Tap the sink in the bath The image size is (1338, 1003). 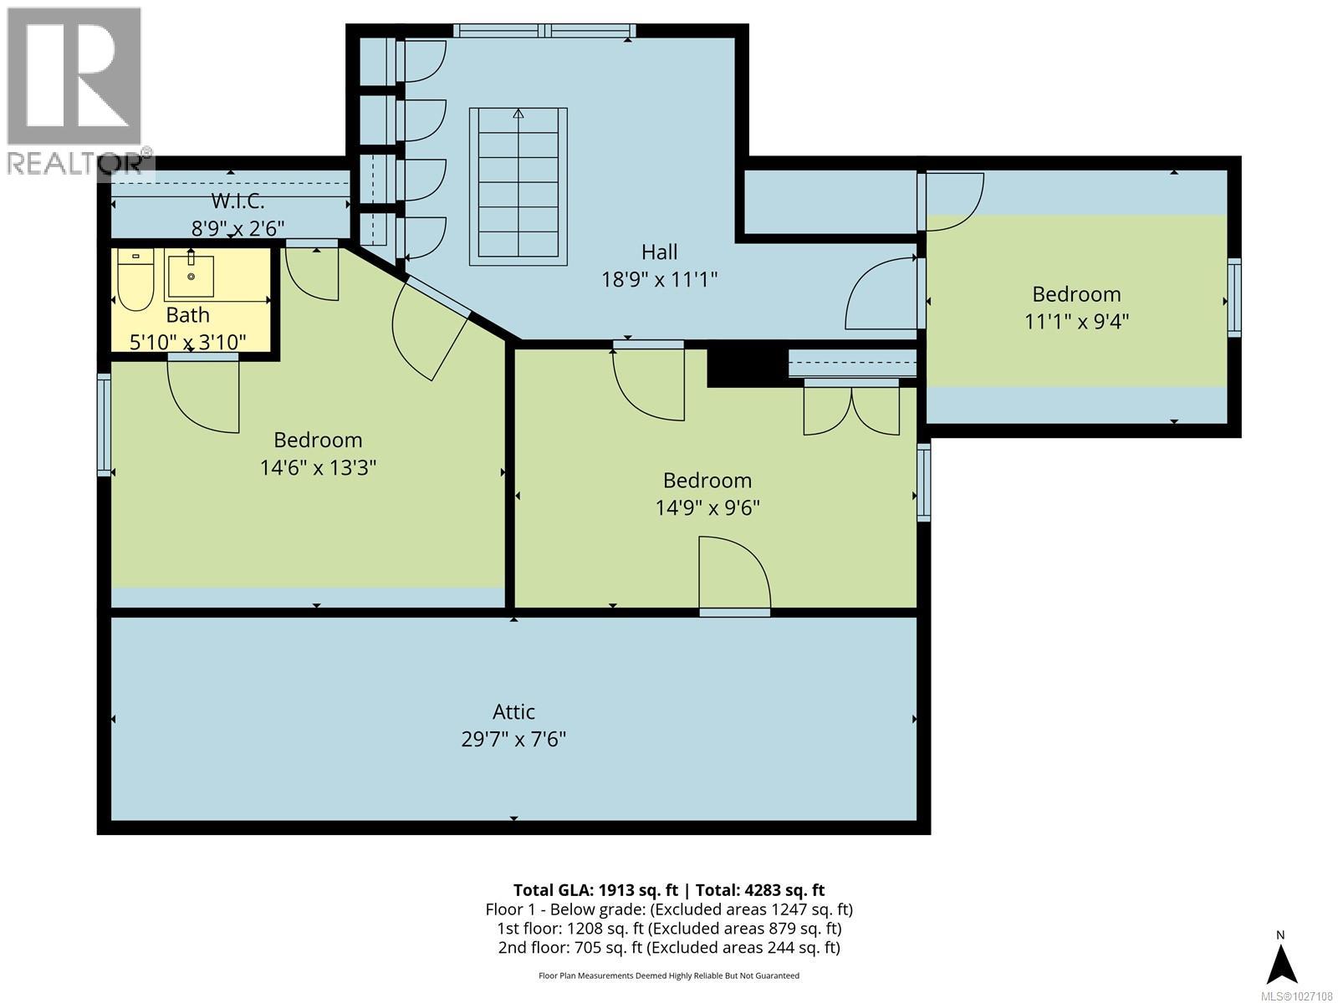coord(190,277)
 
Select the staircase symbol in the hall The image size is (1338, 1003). coord(518,186)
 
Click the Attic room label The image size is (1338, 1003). coord(513,712)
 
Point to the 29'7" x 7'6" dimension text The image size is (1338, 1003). coord(513,740)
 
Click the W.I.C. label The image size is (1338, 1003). coord(237,201)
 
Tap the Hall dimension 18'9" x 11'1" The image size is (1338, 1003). coord(660,279)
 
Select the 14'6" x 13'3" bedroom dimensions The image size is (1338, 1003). coord(318,467)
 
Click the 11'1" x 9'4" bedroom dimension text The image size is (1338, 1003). coord(1076,321)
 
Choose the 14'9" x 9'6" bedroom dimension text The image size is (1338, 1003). coord(707,507)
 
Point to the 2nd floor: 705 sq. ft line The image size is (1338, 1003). coord(669,947)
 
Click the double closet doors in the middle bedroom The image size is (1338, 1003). coord(851,408)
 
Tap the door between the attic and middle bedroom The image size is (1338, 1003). coord(734,577)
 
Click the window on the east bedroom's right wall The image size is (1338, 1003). coord(1233,298)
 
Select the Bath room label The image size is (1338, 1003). coord(187,315)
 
